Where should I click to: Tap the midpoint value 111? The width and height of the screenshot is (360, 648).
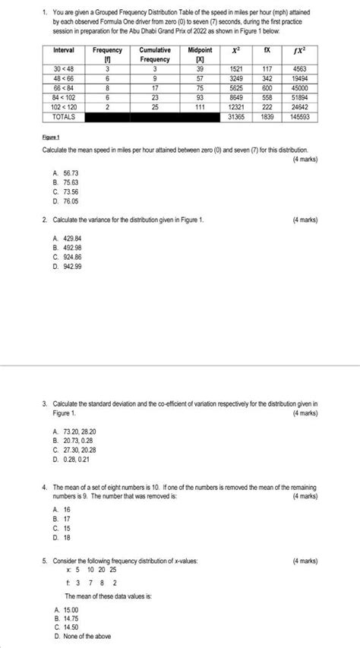[x=200, y=107]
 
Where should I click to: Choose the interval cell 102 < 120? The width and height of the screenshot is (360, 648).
[x=63, y=107]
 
